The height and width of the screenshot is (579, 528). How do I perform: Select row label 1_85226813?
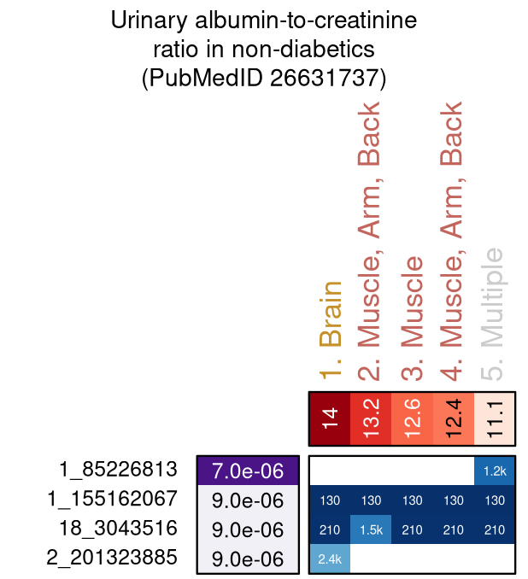pos(118,469)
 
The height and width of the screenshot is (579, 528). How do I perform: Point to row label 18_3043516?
pos(118,528)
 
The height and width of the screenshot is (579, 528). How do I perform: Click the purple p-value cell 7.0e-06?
pos(248,470)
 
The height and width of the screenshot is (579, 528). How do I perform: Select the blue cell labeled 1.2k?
pos(494,470)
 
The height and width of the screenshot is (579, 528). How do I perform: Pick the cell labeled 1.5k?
pos(371,529)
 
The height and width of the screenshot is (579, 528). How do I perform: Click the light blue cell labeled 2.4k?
pos(330,559)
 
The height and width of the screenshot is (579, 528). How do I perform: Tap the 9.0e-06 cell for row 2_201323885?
pos(248,559)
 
